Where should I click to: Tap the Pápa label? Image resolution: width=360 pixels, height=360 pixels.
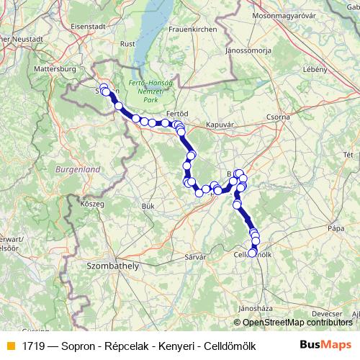click(x=336, y=228)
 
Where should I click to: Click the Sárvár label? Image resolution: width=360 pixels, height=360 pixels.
click(x=195, y=256)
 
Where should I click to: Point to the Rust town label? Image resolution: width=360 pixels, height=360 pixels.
click(x=127, y=43)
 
